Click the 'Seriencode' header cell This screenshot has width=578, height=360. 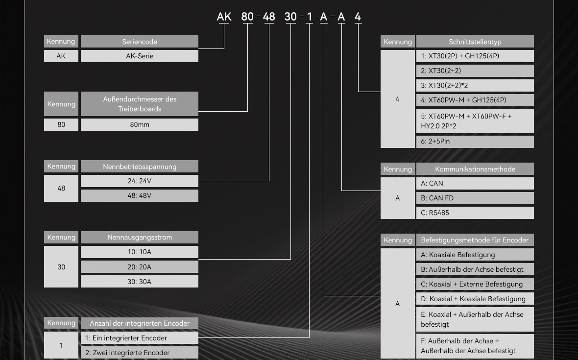point(139,42)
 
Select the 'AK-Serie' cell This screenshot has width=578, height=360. point(139,56)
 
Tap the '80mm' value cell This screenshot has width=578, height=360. point(139,124)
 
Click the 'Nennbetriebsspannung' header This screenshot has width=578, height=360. point(139,167)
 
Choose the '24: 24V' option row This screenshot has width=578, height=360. point(139,181)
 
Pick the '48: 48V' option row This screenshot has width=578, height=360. point(139,195)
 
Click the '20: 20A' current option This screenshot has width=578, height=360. point(139,267)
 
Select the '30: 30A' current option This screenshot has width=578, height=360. point(139,282)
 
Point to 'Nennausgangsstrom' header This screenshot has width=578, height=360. point(139,237)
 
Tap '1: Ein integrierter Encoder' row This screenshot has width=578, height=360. point(139,338)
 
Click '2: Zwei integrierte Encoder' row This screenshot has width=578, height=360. point(139,353)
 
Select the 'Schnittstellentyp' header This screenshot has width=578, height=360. point(475,42)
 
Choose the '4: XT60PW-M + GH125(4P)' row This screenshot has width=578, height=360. point(475,100)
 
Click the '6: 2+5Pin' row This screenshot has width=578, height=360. point(475,142)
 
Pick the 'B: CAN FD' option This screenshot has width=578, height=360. point(475,198)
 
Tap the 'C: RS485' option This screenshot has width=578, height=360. point(475,213)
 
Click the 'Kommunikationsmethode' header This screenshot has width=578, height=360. point(475,169)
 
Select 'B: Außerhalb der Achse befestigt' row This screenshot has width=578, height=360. point(475,269)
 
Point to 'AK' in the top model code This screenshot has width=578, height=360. point(224,17)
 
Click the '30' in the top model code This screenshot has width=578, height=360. point(290,17)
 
